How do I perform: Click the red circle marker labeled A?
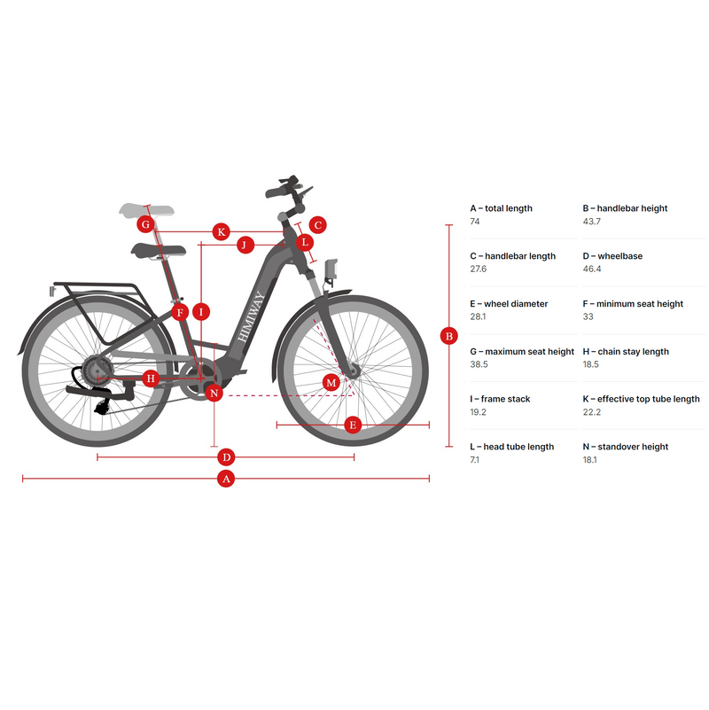click(x=226, y=478)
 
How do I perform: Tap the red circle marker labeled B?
click(x=448, y=336)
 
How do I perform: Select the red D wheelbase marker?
click(x=226, y=456)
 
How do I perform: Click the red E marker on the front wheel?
click(x=353, y=425)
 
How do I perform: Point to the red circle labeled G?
click(x=145, y=224)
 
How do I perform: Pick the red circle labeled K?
click(x=221, y=232)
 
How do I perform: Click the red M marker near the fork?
click(x=331, y=383)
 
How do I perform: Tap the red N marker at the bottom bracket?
click(x=214, y=393)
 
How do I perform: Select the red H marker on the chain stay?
click(x=151, y=378)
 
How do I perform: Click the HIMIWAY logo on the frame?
click(x=251, y=316)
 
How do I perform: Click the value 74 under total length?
click(x=474, y=222)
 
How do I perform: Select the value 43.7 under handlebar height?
click(x=592, y=222)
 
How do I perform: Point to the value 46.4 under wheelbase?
click(x=592, y=269)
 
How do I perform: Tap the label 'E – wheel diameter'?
click(x=509, y=304)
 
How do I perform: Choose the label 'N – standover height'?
click(x=625, y=447)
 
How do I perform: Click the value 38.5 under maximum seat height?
click(x=479, y=364)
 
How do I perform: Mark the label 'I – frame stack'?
click(x=500, y=399)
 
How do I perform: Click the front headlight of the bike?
click(x=331, y=269)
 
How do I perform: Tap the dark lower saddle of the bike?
click(x=159, y=250)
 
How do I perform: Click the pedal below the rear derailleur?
click(x=101, y=408)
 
